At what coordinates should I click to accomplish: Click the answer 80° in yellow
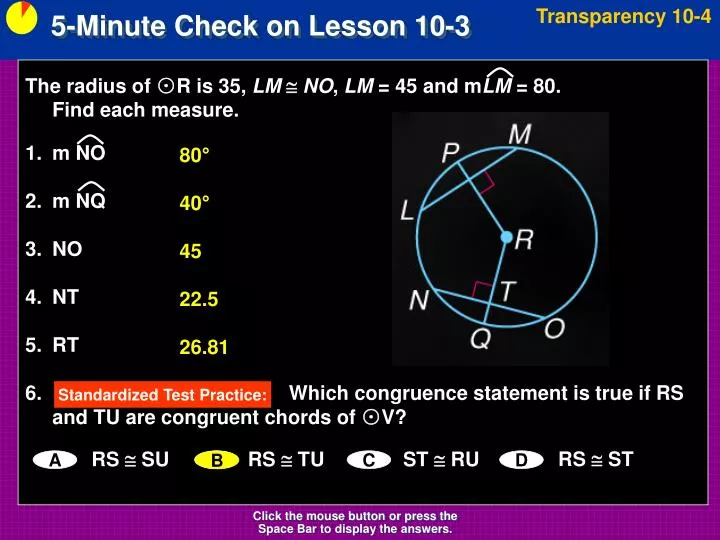pos(195,156)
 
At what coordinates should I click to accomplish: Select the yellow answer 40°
pos(195,204)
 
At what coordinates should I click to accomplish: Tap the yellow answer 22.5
pos(199,299)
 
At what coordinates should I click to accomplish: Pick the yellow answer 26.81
pos(204,348)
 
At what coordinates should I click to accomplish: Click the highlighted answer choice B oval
pos(216,460)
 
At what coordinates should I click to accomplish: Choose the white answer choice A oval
pos(56,460)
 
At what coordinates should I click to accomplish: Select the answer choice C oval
pos(368,460)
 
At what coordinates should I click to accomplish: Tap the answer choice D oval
pos(522,460)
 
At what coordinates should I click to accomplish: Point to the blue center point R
pos(506,237)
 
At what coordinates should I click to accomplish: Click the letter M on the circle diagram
pos(520,133)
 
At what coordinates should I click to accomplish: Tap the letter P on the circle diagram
pos(451,152)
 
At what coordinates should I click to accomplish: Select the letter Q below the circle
pos(481,341)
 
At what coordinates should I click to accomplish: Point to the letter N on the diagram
pos(420,299)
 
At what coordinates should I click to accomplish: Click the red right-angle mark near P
pos(487,181)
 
